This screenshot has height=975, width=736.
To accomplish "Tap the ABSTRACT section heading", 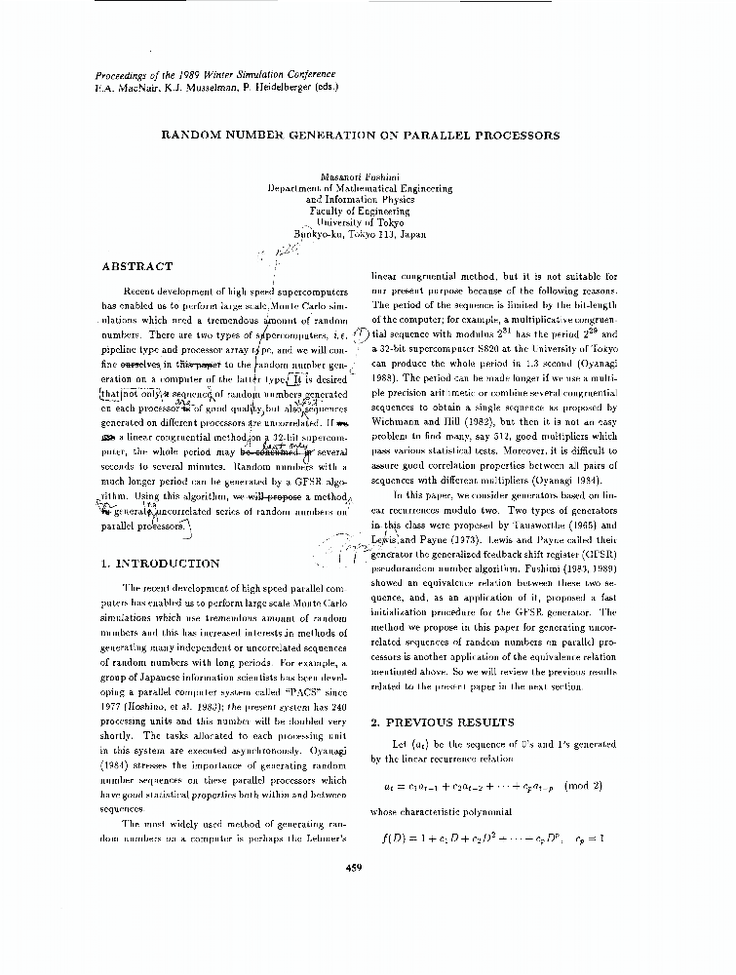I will click(137, 266).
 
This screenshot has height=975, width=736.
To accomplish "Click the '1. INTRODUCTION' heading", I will click(161, 564).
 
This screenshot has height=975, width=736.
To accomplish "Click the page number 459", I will click(354, 869).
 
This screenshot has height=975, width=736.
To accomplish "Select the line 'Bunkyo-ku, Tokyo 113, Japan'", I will click(360, 234).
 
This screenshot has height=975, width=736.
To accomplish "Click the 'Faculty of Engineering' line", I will click(360, 211).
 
